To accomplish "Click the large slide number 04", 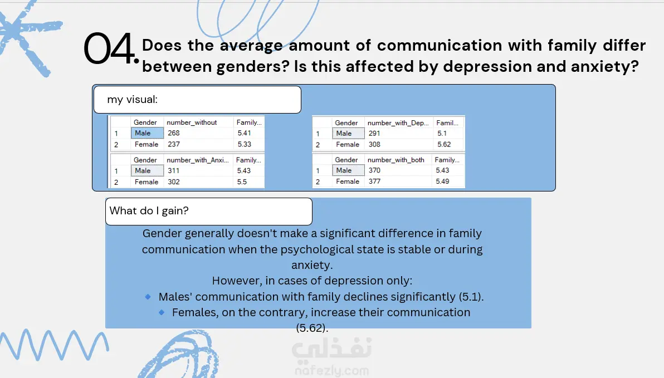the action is click(111, 49).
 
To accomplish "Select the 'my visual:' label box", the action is click(197, 100).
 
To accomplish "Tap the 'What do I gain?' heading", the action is click(149, 211).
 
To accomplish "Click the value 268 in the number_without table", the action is click(174, 133).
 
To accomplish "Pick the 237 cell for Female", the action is click(174, 144).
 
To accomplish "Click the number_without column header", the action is click(192, 122).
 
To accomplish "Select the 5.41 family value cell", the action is click(245, 133).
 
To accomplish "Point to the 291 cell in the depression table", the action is click(374, 134).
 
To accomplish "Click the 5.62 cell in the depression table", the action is click(444, 144).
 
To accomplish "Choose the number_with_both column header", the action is click(396, 160).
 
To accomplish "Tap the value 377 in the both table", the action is click(374, 181).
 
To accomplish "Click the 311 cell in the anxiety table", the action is click(174, 170).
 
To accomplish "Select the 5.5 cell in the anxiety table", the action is click(242, 182).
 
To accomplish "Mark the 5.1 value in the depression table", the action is click(442, 134).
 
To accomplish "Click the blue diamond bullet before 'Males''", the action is click(148, 297).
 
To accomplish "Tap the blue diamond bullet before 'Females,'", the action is click(162, 312).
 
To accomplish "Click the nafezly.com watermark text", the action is click(331, 371).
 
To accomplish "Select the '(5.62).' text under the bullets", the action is click(312, 328).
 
